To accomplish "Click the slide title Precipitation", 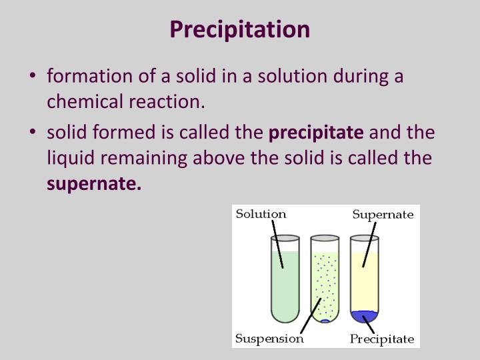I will [239, 29].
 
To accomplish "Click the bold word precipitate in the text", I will [316, 132].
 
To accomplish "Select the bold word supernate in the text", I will [93, 184].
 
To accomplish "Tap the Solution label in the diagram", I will [261, 214].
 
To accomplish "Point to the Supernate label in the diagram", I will [383, 215].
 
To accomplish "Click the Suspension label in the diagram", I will [269, 338].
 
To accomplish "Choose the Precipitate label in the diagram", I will [382, 339].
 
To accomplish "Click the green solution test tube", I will [285, 280].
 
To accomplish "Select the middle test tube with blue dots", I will [325, 280].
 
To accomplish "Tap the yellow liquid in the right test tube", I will [364, 280].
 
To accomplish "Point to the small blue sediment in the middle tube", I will [325, 320].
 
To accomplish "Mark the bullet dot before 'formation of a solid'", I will [34, 76].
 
